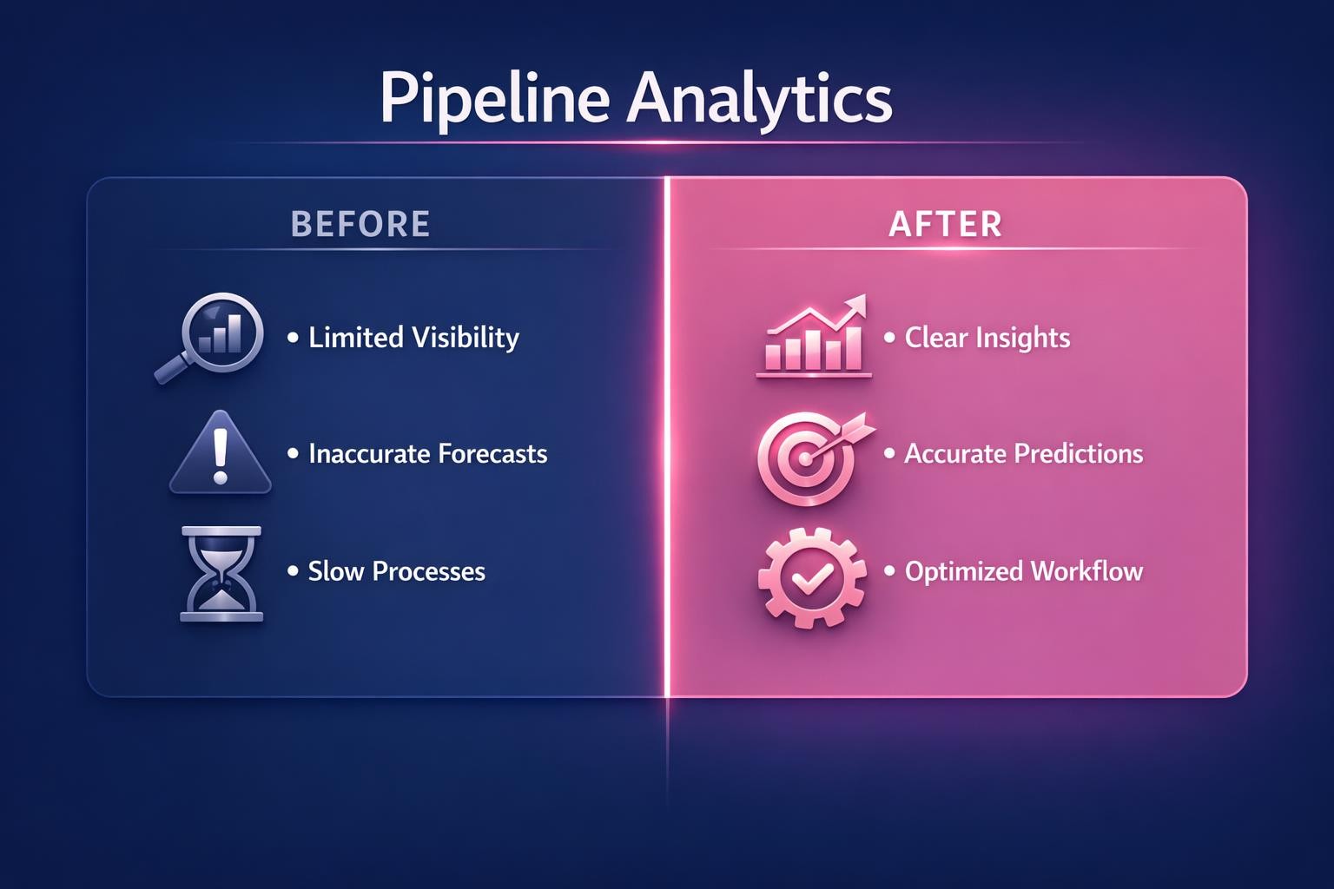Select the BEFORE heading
360,224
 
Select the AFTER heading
946,224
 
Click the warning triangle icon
220,454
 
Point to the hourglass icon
221,573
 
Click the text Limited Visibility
413,337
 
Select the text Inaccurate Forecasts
427,453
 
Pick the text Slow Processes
396,571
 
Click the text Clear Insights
987,337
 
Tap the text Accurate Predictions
1023,453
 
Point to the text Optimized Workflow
1023,571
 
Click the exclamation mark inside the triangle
220,457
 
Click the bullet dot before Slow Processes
293,571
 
